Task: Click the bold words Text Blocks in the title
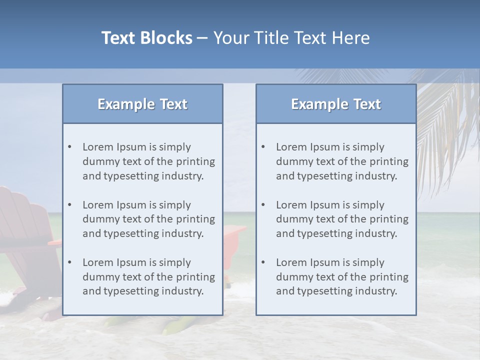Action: [x=146, y=38]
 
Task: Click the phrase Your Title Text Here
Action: [x=291, y=38]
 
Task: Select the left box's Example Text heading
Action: [x=142, y=104]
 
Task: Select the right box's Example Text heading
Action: [x=336, y=104]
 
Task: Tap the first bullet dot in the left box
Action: [x=69, y=147]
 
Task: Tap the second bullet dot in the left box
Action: [x=69, y=205]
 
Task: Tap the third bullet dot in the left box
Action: [x=69, y=262]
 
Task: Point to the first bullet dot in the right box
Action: [x=263, y=147]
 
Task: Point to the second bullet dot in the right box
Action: [x=263, y=205]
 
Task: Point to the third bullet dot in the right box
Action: [x=263, y=262]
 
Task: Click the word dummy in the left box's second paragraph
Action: [x=98, y=219]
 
